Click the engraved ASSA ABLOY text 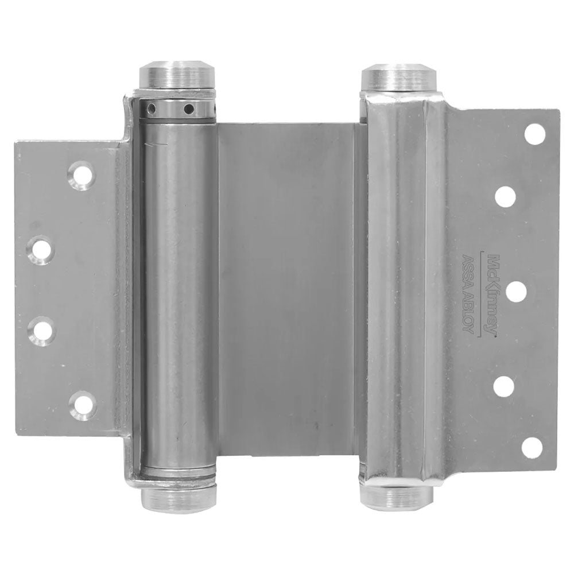click(x=470, y=294)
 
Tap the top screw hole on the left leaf click(x=82, y=176)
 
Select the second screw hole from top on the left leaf click(x=41, y=250)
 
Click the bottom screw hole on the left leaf click(x=82, y=406)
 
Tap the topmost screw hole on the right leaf click(x=535, y=135)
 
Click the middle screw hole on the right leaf click(x=516, y=292)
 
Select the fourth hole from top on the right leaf click(x=504, y=386)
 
